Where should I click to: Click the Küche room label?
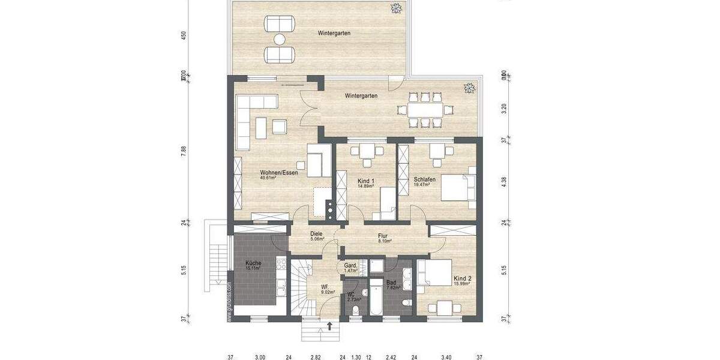(253, 263)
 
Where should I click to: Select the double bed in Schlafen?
(457, 184)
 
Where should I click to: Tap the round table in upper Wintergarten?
(280, 40)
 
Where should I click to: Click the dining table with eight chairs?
(425, 109)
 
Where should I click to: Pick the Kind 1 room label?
(365, 181)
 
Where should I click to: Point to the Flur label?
(384, 236)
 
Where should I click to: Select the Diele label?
(317, 233)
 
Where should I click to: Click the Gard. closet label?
(351, 266)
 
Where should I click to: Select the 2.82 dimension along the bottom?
(316, 357)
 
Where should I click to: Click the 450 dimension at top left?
(184, 35)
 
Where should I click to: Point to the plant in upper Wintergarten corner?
(396, 8)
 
